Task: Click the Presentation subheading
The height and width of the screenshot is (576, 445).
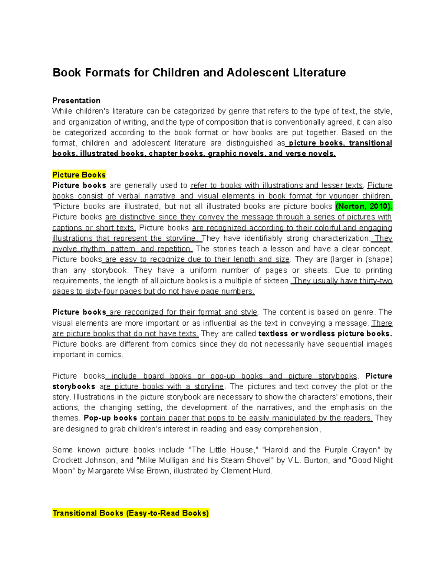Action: pos(76,101)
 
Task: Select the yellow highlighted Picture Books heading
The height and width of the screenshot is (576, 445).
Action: pos(79,175)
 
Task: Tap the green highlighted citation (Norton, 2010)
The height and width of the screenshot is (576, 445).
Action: pos(363,207)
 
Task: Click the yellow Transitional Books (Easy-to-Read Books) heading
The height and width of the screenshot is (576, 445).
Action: pos(131,513)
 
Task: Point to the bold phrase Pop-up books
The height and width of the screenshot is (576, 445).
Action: pos(111,418)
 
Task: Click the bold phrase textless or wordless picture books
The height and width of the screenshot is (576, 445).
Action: pos(325,333)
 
